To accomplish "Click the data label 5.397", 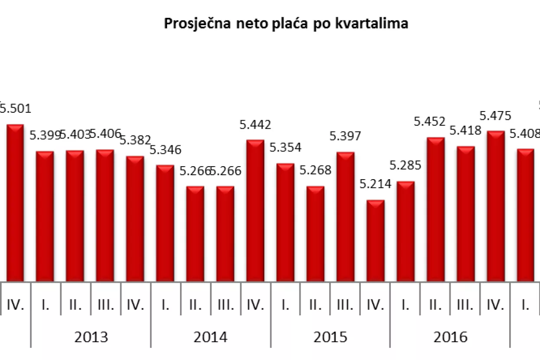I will [345, 137].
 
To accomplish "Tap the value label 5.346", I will [165, 150].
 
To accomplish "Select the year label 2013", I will [91, 337].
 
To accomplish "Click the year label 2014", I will [211, 337].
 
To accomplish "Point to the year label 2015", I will [331, 337].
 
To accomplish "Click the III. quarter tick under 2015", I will [345, 305].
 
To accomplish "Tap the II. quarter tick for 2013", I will [75, 305].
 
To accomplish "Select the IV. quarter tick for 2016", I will [496, 305].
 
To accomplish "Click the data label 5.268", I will [315, 170].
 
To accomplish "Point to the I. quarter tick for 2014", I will [165, 305].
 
